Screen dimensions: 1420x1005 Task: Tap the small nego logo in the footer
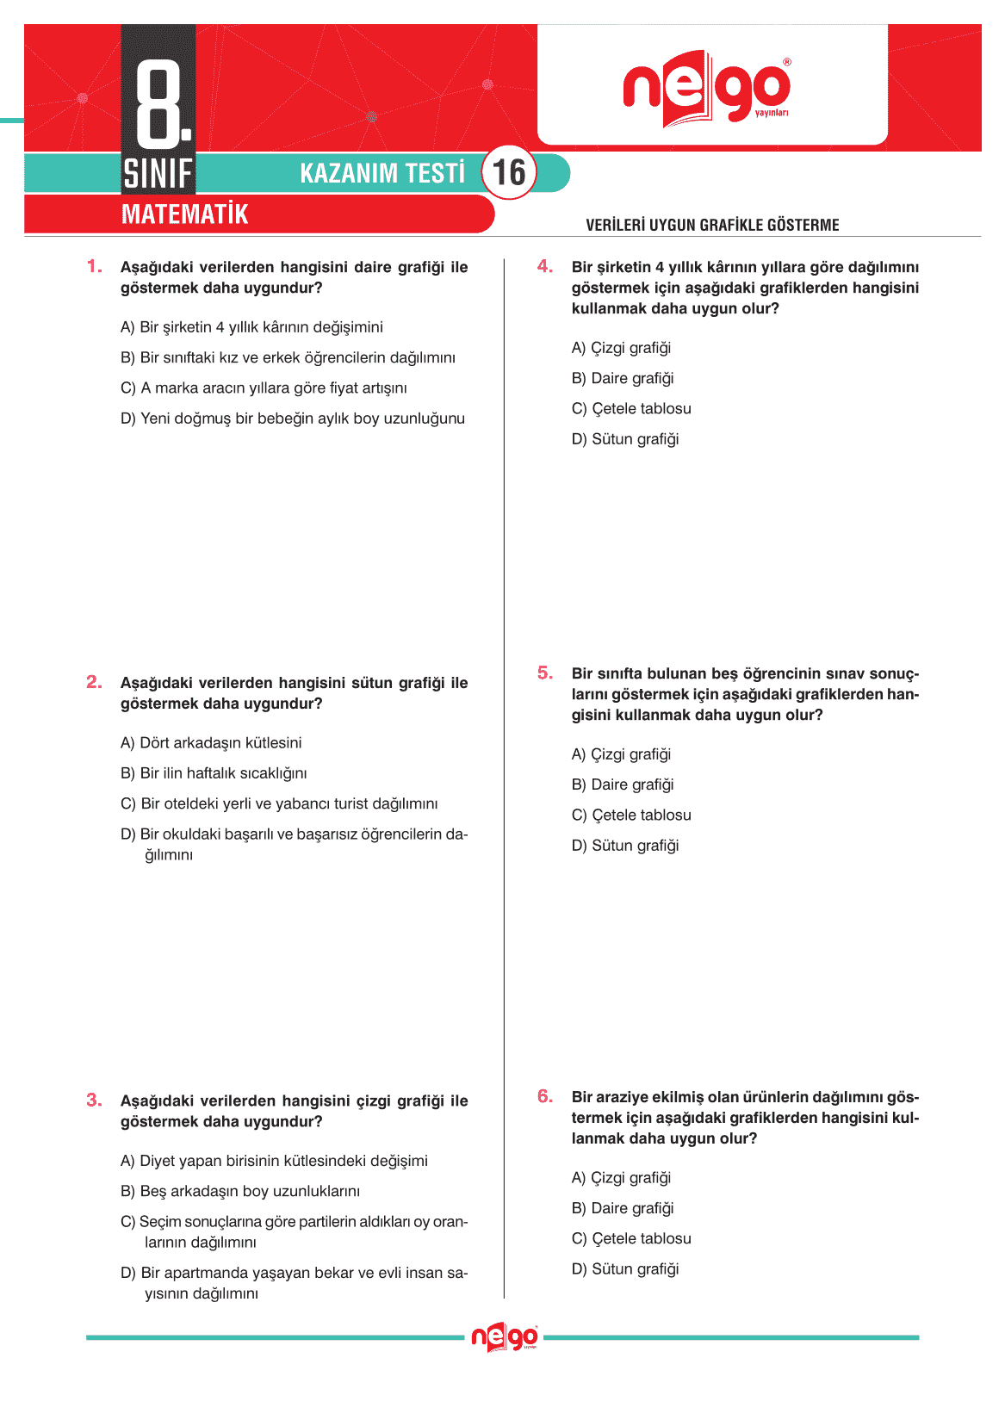click(505, 1337)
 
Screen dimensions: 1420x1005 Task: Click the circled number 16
click(509, 172)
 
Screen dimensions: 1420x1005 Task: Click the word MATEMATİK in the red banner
click(184, 214)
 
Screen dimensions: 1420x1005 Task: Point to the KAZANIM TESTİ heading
click(382, 173)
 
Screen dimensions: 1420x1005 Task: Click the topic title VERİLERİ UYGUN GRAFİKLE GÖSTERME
click(712, 225)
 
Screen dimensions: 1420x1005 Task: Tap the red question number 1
click(94, 266)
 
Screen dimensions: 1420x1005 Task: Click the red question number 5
click(545, 673)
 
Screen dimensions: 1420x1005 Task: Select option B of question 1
click(288, 357)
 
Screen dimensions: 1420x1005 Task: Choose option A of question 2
click(211, 742)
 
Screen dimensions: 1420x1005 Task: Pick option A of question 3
click(274, 1161)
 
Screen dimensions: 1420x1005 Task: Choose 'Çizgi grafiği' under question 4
click(621, 348)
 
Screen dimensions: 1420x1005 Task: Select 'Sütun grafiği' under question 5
click(625, 846)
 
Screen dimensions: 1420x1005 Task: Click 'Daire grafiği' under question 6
click(623, 1208)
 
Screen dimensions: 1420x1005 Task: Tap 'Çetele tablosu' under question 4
click(631, 408)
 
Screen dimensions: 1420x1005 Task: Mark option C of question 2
click(279, 803)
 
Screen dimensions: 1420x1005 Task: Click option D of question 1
click(292, 419)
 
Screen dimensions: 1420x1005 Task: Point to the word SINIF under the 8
click(158, 174)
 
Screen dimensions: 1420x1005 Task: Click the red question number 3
click(94, 1100)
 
